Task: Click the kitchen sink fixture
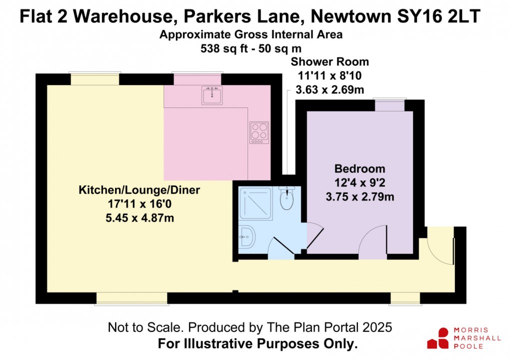[212, 95]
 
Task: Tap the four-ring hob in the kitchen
[259, 132]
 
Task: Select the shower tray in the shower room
[255, 203]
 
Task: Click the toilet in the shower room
[286, 197]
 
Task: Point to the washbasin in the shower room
[247, 236]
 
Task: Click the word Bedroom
[359, 169]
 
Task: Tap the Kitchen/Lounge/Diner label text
[139, 190]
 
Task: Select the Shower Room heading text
[330, 62]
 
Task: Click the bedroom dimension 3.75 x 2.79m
[359, 196]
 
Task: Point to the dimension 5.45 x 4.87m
[139, 218]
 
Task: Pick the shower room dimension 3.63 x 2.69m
[330, 89]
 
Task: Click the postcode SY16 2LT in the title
[438, 16]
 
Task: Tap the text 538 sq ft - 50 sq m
[251, 48]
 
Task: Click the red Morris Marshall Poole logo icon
[438, 338]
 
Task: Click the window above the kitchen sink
[197, 78]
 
